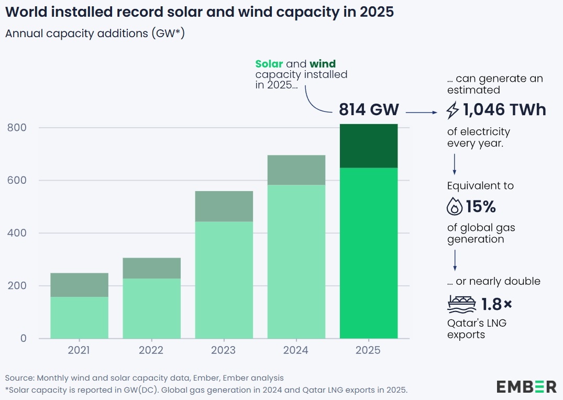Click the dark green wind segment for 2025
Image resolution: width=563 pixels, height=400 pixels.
pyautogui.click(x=369, y=146)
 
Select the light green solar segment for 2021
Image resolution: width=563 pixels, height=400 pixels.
pyautogui.click(x=79, y=317)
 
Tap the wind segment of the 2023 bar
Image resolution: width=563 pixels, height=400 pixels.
pyautogui.click(x=224, y=206)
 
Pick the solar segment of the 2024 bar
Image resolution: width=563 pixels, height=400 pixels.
pyautogui.click(x=296, y=261)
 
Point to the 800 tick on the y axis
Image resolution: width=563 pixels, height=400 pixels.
pyautogui.click(x=17, y=128)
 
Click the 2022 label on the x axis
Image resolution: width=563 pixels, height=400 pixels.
pyautogui.click(x=151, y=350)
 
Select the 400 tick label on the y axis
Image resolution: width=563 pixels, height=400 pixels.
pyautogui.click(x=17, y=233)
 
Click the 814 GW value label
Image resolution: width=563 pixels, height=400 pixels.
pyautogui.click(x=369, y=110)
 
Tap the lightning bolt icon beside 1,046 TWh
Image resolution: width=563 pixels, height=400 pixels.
pyautogui.click(x=453, y=110)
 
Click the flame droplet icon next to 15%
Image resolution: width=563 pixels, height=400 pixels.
pyautogui.click(x=454, y=207)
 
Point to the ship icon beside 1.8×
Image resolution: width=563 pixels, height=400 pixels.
pyautogui.click(x=458, y=304)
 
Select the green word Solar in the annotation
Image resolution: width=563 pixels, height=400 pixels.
pyautogui.click(x=269, y=64)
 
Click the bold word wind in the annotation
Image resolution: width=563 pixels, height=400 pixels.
pyautogui.click(x=323, y=64)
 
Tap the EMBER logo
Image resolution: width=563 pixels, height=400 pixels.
pyautogui.click(x=526, y=387)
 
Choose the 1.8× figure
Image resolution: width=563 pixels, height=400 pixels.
pyautogui.click(x=497, y=304)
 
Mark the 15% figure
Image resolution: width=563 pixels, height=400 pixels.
pyautogui.click(x=481, y=207)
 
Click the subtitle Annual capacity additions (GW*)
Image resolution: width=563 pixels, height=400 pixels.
pyautogui.click(x=95, y=34)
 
